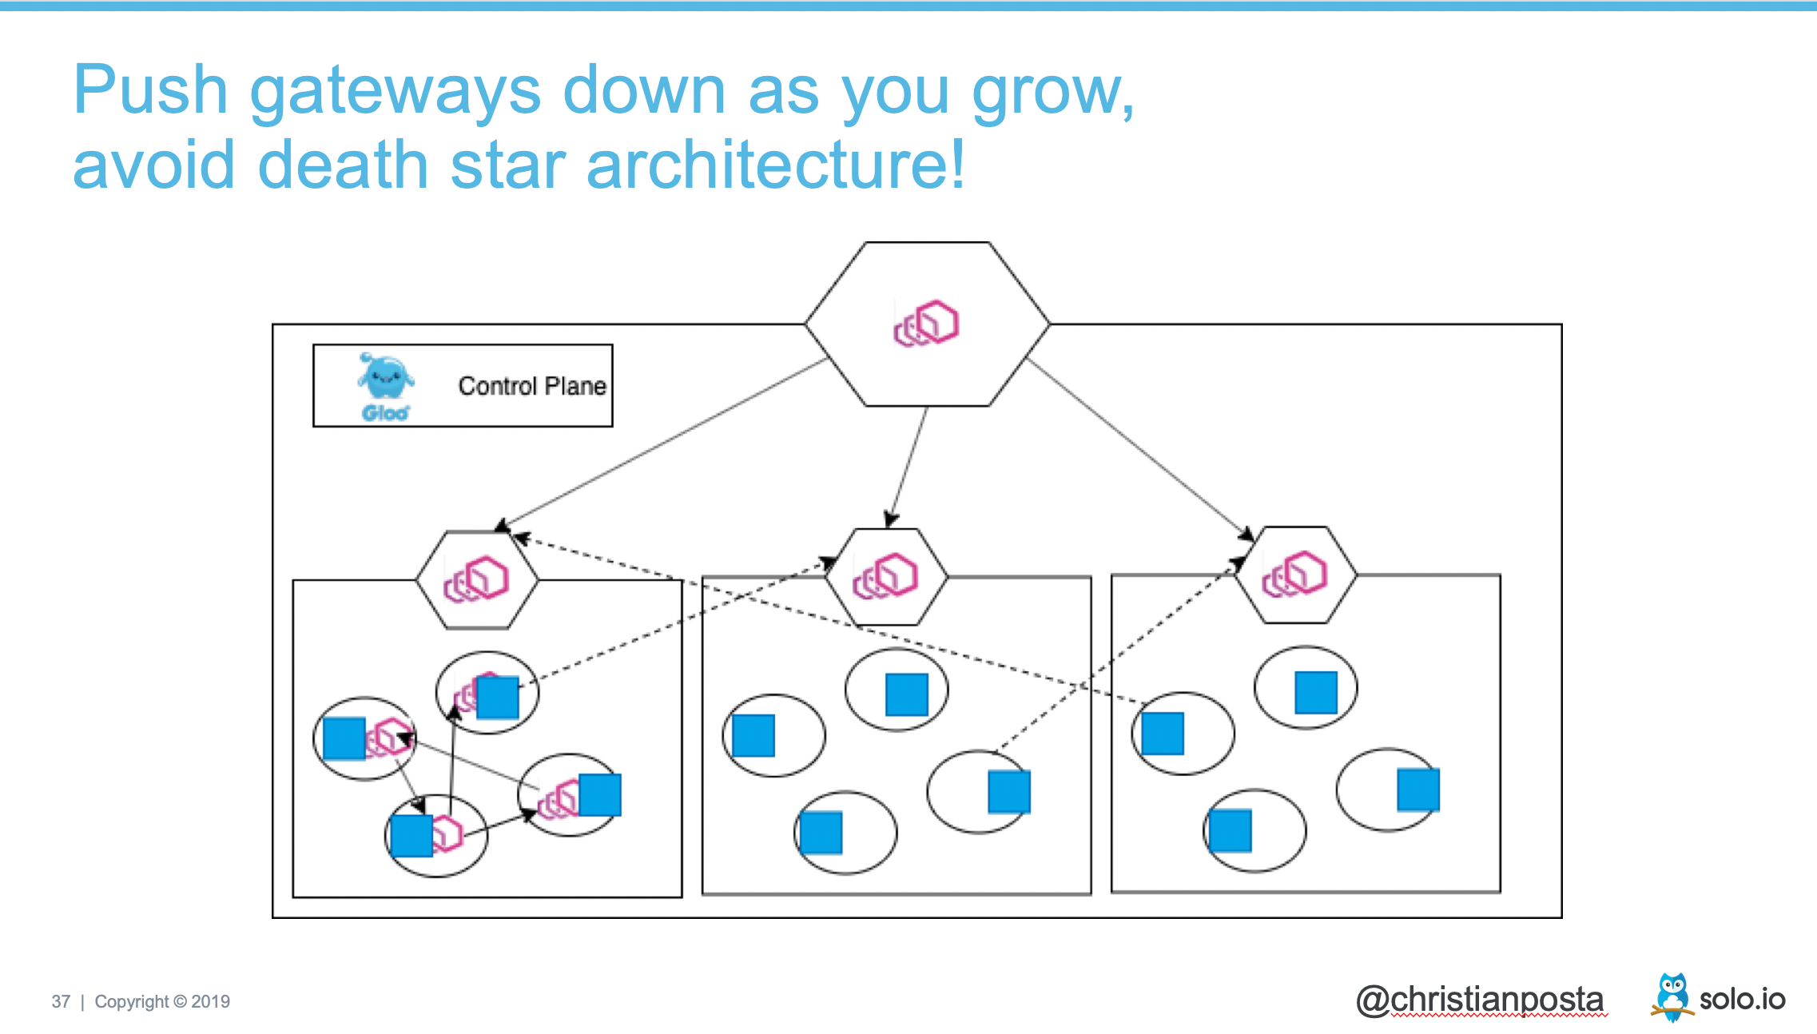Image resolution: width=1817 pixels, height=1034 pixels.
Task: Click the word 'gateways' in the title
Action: (x=395, y=91)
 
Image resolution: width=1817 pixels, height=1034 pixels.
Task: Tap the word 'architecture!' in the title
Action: (x=775, y=165)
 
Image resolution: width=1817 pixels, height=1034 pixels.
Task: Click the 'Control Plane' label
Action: (x=532, y=386)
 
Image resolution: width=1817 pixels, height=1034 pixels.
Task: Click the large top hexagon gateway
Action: (x=927, y=324)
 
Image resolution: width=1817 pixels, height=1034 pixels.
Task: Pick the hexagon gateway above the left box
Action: (x=477, y=579)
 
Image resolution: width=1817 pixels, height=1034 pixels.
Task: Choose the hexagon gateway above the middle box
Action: (x=886, y=576)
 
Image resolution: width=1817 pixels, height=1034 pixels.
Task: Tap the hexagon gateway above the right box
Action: (x=1295, y=575)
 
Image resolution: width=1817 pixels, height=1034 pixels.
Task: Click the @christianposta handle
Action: (x=1480, y=1000)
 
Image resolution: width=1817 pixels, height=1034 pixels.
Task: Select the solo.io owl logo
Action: (x=1672, y=996)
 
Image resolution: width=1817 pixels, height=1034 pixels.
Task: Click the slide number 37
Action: (x=61, y=1002)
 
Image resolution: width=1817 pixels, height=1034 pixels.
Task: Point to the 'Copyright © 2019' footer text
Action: (x=162, y=1002)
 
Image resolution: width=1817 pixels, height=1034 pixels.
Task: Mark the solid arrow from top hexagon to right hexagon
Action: (x=1139, y=447)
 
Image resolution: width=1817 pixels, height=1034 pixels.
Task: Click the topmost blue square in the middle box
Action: (x=907, y=694)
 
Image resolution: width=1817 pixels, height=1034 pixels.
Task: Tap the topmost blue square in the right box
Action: (x=1316, y=692)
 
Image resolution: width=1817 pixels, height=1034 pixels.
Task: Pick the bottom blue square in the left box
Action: (x=412, y=836)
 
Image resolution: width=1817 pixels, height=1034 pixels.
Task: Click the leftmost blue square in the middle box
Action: (x=753, y=735)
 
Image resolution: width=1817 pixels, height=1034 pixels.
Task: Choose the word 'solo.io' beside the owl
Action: (x=1742, y=1000)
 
